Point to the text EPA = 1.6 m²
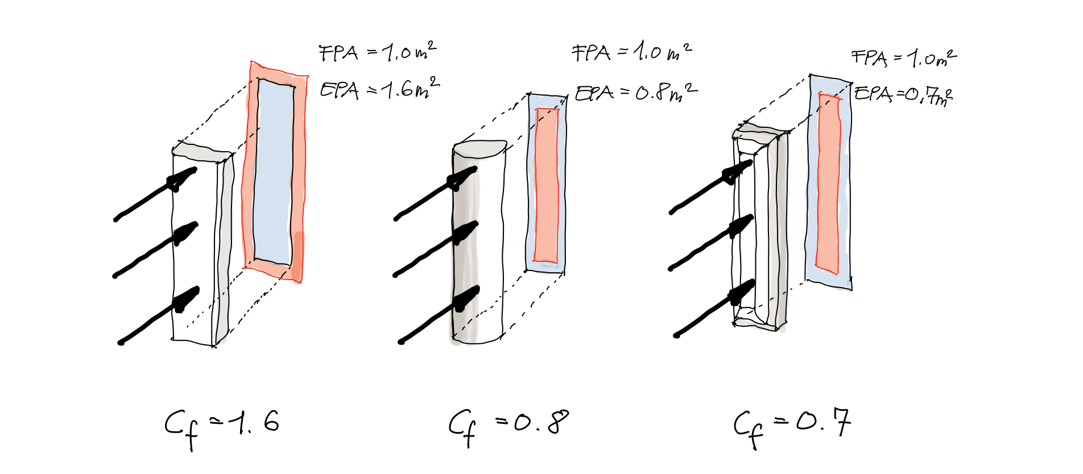click(379, 89)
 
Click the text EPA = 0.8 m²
click(636, 93)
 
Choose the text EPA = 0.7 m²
click(903, 94)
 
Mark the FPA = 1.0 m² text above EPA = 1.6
click(378, 53)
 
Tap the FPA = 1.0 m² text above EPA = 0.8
click(631, 52)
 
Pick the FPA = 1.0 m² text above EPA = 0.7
click(903, 58)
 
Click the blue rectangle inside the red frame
click(275, 171)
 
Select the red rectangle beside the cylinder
click(547, 185)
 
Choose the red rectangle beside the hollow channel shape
click(828, 182)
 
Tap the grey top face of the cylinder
click(480, 148)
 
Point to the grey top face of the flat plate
click(201, 152)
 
